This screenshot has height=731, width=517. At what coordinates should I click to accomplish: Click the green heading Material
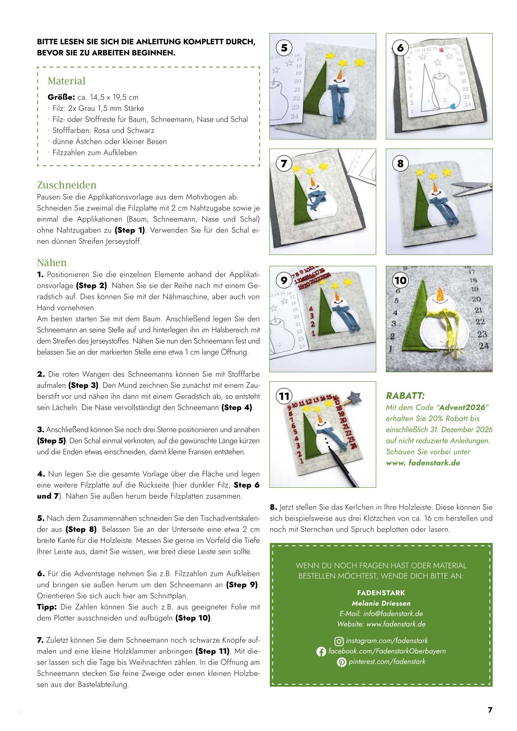point(66,81)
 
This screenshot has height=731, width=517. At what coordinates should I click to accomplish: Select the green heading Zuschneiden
point(66,185)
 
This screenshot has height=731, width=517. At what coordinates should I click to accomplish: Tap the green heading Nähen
point(52,262)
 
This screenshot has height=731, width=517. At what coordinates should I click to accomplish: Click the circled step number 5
point(284,48)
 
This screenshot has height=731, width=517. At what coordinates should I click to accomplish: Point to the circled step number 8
point(401,163)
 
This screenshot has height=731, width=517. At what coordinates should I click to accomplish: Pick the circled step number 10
point(401,280)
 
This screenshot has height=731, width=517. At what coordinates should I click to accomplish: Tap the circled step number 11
point(284,396)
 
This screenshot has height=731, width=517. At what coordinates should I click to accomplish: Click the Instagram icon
point(339,641)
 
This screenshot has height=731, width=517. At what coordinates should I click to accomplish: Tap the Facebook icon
point(321,652)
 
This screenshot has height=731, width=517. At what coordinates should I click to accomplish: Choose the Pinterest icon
point(341,662)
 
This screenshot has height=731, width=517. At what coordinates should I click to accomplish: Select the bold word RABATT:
point(405,396)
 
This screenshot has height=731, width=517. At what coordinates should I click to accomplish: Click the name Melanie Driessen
point(381,603)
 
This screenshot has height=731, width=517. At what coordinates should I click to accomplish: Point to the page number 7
point(490,710)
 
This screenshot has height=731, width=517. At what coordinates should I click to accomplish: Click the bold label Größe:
point(61,97)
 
